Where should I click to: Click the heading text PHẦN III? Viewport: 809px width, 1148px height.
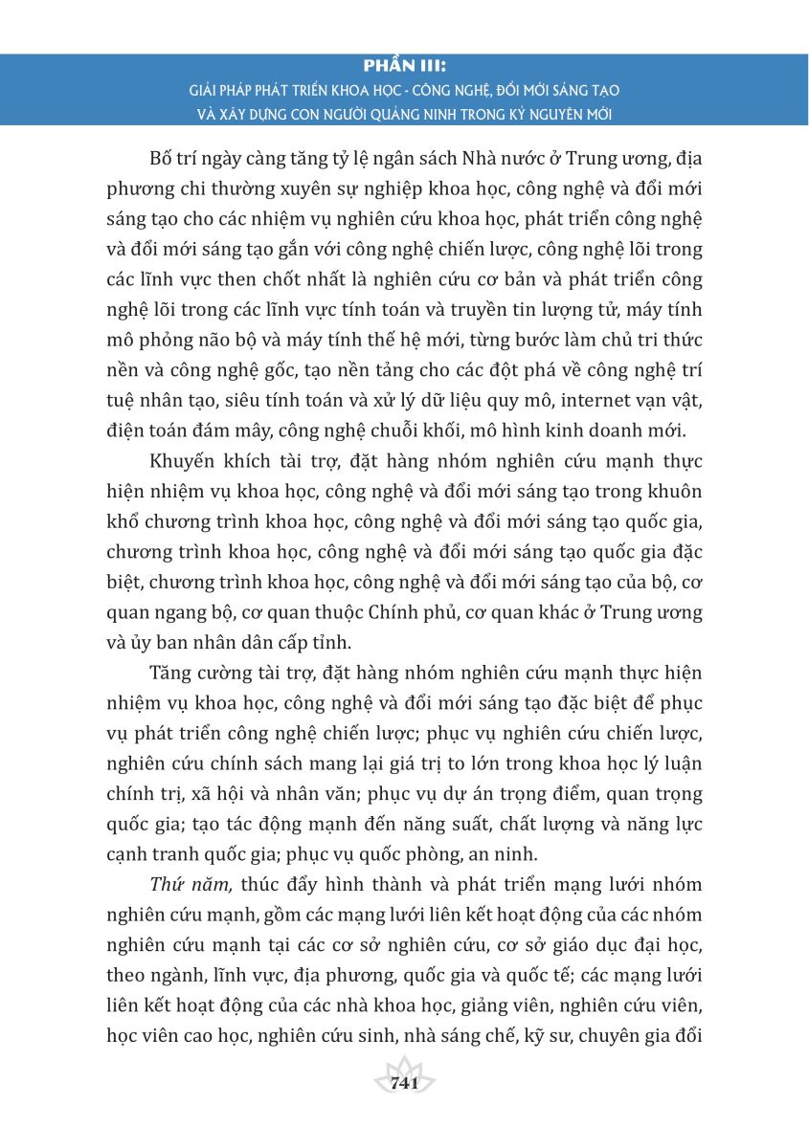pyautogui.click(x=404, y=68)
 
